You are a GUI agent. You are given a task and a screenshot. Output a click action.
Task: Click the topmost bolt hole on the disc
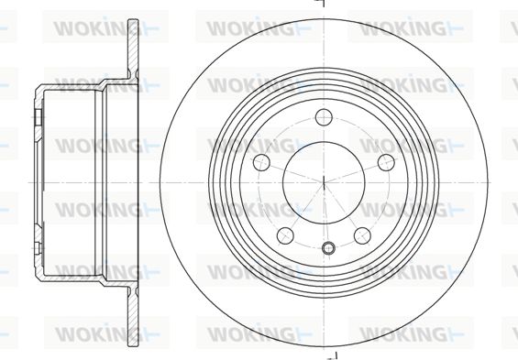[x=324, y=117]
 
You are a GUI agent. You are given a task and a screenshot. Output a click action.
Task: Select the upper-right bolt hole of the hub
[x=387, y=162]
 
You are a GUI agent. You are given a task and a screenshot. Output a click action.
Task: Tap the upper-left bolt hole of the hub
[x=261, y=162]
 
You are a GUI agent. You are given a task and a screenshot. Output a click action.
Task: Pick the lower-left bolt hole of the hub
[x=285, y=235]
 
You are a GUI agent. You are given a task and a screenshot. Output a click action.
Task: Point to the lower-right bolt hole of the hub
[x=362, y=235]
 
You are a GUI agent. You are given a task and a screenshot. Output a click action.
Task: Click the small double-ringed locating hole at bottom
[x=328, y=248]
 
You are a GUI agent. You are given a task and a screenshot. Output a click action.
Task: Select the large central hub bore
[x=324, y=182]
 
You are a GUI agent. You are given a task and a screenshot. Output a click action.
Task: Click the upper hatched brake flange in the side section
[x=133, y=49]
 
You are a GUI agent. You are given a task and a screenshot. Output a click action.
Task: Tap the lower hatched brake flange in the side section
[x=133, y=315]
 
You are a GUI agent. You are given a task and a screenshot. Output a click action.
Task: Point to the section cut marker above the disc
[x=322, y=4]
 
